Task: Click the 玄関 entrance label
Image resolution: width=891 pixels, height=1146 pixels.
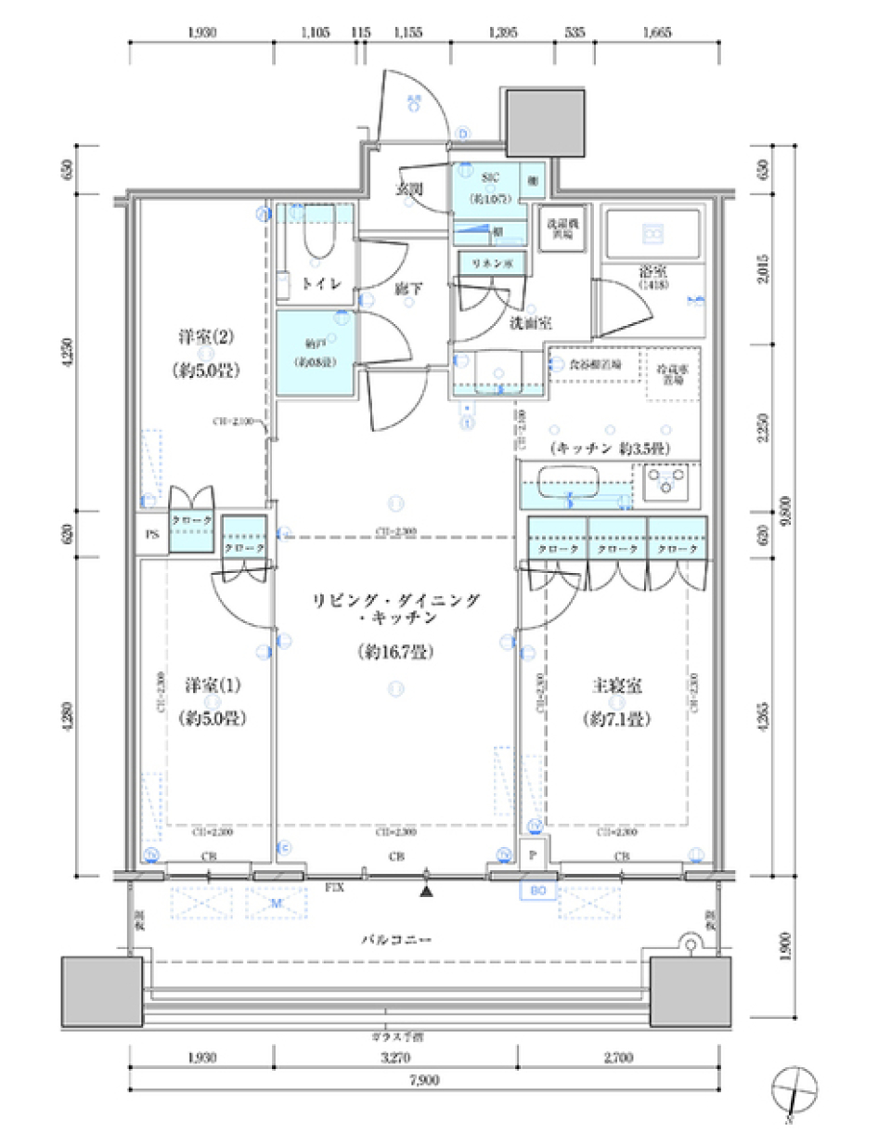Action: tap(408, 189)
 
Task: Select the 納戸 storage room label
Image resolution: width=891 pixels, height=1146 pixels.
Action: tap(315, 353)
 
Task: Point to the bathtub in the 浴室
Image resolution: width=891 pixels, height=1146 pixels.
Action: tap(652, 234)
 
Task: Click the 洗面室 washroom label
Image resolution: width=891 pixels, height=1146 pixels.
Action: tap(530, 322)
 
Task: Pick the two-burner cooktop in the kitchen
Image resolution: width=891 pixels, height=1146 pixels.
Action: tap(666, 482)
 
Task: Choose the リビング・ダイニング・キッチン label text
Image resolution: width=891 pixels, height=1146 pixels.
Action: tap(396, 608)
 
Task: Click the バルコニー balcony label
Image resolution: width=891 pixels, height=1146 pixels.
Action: tap(396, 940)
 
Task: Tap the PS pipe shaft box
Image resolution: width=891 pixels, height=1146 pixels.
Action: tap(152, 535)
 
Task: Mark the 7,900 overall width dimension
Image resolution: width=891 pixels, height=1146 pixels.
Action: tap(424, 1080)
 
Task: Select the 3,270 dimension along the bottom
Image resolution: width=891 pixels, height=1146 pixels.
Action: tap(395, 1057)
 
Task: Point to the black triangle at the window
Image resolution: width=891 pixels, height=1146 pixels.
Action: tap(426, 892)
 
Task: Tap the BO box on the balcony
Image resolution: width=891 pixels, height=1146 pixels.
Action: tap(538, 891)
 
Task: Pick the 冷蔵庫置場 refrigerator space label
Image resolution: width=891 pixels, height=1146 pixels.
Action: tap(673, 374)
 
